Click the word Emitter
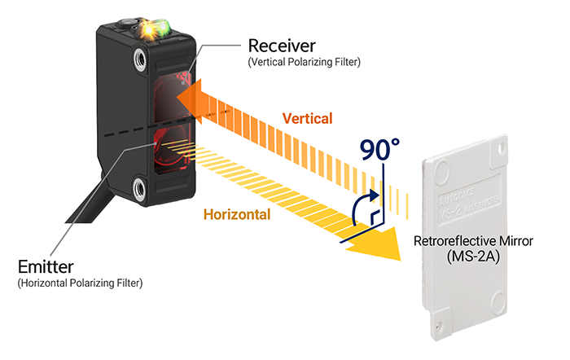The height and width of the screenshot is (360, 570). tap(46, 267)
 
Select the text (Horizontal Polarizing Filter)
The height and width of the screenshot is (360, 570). tap(80, 283)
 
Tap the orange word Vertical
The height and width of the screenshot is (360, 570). tap(307, 118)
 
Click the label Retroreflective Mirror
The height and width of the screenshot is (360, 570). tap(471, 242)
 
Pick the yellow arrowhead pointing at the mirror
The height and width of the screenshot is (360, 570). tap(383, 244)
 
